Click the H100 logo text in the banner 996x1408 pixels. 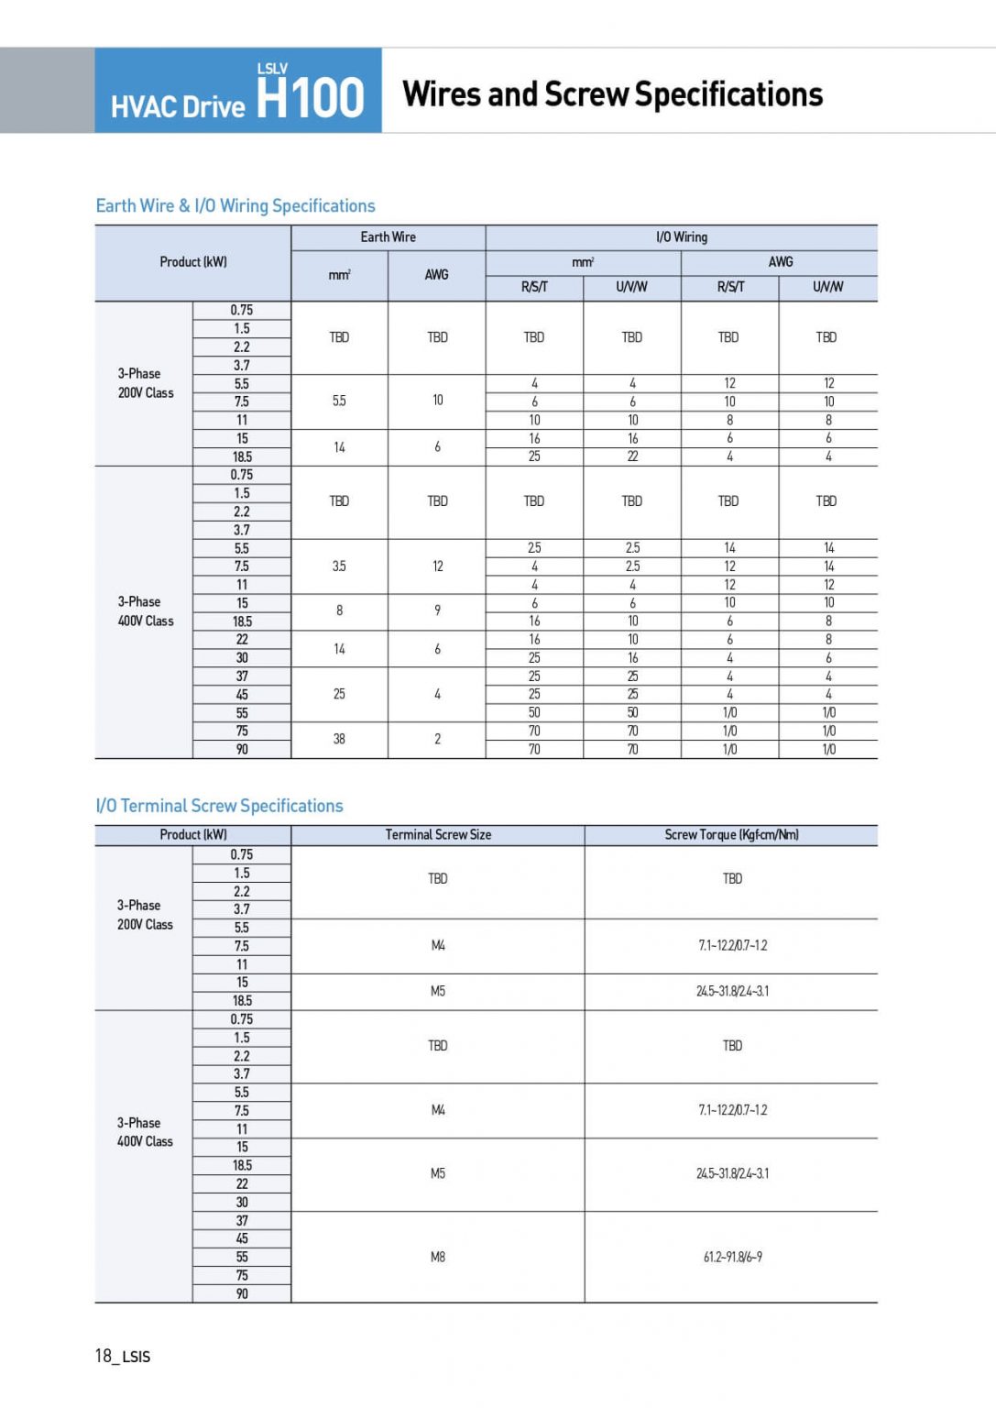pos(310,98)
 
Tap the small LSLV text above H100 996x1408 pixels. pos(272,69)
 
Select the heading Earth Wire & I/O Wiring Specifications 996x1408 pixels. pos(235,206)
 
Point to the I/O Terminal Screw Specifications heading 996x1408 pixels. pos(219,806)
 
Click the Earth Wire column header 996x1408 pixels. pos(388,237)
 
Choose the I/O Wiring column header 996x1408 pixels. pos(681,237)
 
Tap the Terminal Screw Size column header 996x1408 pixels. pos(438,835)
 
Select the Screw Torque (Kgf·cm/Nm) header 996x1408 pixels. pos(731,835)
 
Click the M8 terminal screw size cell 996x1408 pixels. pos(438,1257)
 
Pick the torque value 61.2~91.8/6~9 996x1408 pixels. pos(732,1257)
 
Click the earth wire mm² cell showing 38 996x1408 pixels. pos(339,739)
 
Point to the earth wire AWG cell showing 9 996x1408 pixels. pos(437,610)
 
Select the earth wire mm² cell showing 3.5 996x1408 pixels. pos(339,566)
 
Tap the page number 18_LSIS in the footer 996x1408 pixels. pos(123,1356)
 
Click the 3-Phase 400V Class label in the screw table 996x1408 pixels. pos(145,1132)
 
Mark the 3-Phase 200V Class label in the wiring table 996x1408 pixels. pos(145,383)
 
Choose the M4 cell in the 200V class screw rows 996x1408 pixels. pos(438,945)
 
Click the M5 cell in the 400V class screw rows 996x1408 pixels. pos(438,1173)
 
